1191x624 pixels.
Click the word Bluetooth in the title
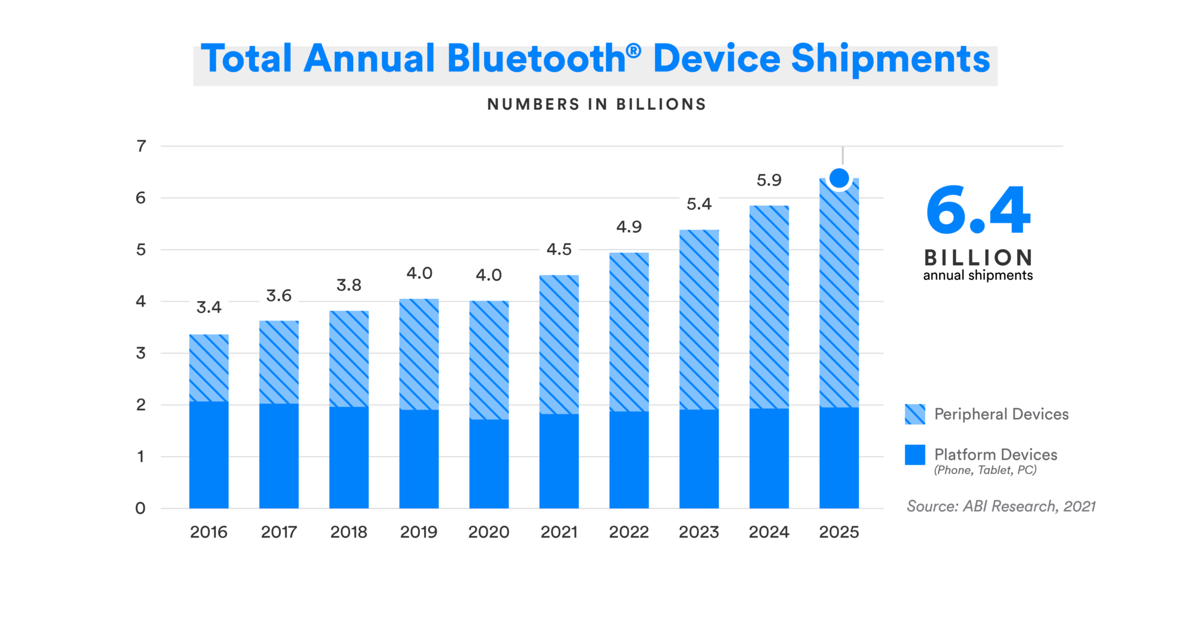[536, 60]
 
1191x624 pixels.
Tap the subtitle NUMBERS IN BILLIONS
[597, 104]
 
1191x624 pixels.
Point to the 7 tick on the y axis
[141, 146]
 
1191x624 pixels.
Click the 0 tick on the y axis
[141, 508]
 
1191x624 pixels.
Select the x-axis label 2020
[488, 532]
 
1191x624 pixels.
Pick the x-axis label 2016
[208, 532]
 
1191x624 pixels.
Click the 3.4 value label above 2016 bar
[208, 308]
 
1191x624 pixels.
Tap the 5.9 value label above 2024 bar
[769, 180]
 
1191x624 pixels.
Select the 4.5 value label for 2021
[559, 249]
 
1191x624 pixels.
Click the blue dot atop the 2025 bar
[839, 178]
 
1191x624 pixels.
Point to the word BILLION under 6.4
[978, 257]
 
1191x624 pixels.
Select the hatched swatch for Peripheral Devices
[915, 414]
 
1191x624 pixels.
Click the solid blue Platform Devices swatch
[915, 455]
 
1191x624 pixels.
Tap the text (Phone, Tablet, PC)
[985, 470]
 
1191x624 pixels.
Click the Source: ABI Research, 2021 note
[1000, 506]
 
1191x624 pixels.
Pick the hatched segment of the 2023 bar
[699, 319]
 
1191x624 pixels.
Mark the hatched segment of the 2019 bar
[419, 354]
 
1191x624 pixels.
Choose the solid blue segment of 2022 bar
[629, 460]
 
